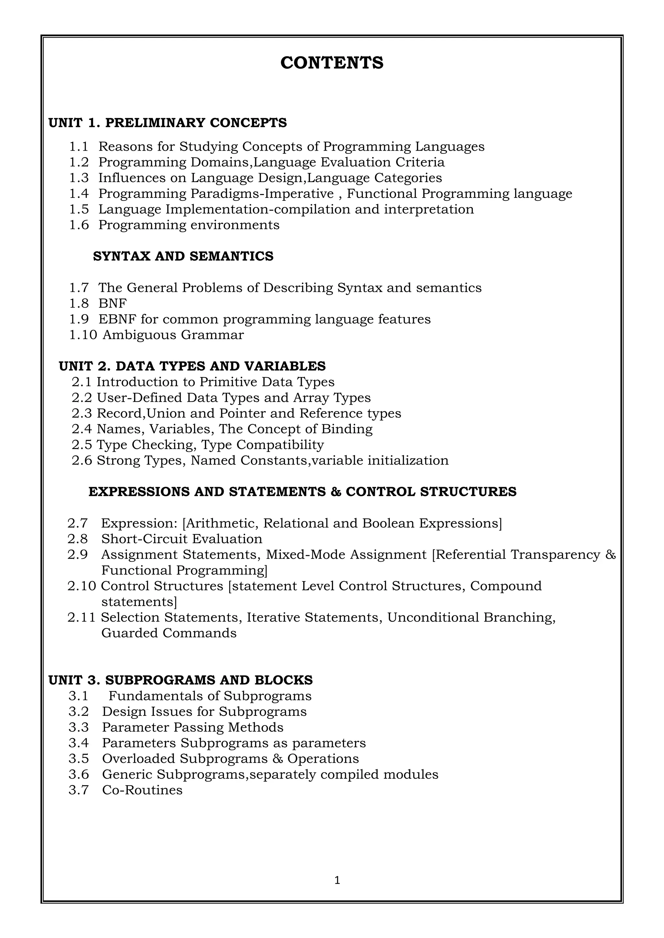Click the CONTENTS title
332,63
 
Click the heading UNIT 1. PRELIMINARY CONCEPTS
168,122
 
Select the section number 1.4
78,194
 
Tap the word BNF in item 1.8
113,303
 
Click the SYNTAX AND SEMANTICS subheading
183,256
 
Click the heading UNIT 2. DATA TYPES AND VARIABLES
192,366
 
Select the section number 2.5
82,444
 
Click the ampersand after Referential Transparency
610,555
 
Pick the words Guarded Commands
169,633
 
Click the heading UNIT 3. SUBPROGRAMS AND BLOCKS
180,680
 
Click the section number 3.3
78,727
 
